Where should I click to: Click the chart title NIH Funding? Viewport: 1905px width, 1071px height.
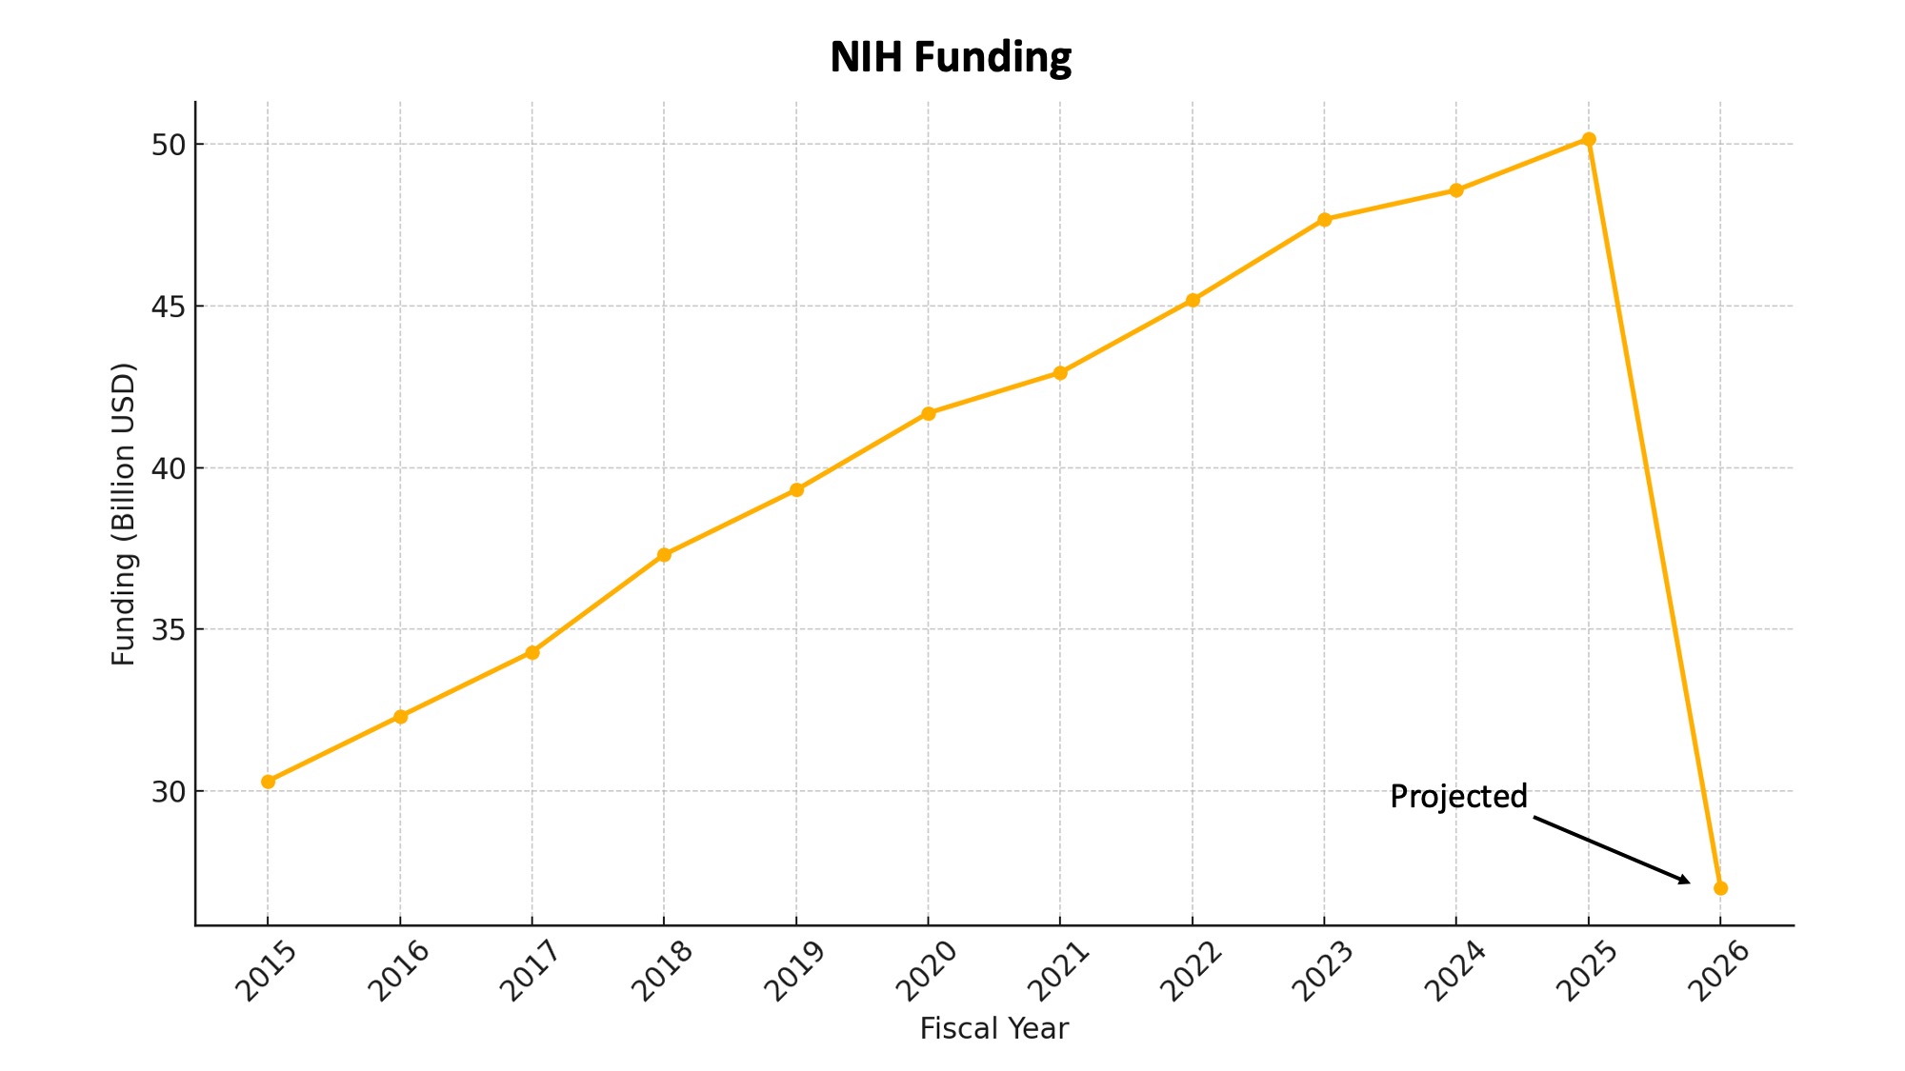[951, 57]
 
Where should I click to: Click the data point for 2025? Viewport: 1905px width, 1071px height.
[1588, 139]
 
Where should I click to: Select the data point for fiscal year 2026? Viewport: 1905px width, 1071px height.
[1720, 888]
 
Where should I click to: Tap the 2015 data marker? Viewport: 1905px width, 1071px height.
[268, 782]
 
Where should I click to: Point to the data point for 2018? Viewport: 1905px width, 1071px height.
[664, 554]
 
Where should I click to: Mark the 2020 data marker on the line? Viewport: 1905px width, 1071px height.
[929, 413]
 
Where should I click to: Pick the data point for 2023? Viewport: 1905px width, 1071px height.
[1324, 219]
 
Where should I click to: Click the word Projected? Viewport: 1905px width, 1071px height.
[1458, 796]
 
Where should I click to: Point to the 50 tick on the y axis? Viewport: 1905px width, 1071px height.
[168, 145]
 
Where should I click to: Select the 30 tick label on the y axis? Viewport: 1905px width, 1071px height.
[168, 792]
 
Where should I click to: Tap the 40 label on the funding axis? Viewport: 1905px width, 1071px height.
[168, 468]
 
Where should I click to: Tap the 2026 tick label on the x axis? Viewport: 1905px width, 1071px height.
[1718, 971]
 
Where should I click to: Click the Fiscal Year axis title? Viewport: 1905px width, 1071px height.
[993, 1029]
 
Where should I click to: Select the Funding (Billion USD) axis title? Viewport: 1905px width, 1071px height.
[124, 514]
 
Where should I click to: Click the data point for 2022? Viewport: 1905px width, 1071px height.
[1193, 300]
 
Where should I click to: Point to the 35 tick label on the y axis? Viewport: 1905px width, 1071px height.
[168, 630]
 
